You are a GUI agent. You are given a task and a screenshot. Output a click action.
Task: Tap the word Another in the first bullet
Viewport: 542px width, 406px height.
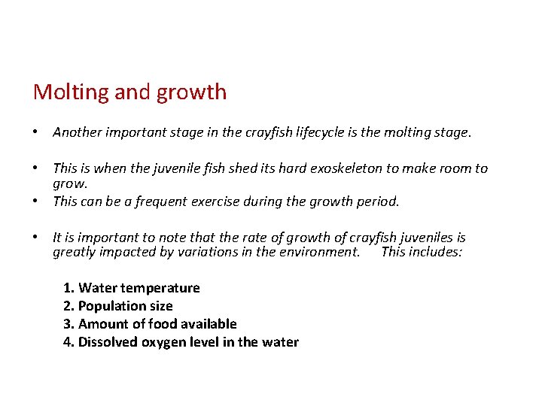(x=78, y=133)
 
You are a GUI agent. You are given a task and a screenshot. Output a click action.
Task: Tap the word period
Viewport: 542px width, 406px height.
(x=379, y=201)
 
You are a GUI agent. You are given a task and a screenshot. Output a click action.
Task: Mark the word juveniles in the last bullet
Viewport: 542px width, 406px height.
(x=431, y=238)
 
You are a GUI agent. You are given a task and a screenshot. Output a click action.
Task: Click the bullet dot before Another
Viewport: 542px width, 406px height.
(x=36, y=133)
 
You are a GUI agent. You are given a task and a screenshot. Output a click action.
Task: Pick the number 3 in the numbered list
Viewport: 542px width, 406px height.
(x=68, y=324)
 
